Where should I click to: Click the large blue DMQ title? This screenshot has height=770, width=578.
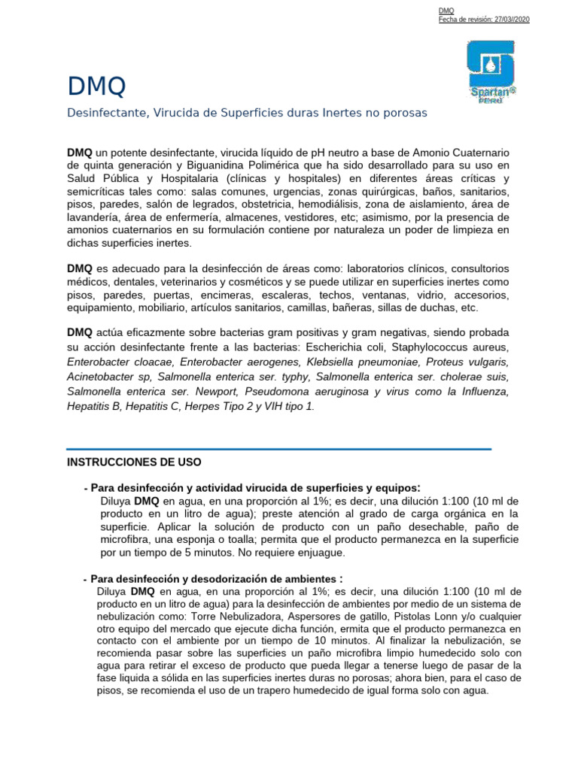pyautogui.click(x=96, y=87)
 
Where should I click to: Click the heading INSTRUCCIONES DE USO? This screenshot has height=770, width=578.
pyautogui.click(x=134, y=461)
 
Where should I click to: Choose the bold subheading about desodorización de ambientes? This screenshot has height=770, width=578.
pyautogui.click(x=216, y=579)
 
